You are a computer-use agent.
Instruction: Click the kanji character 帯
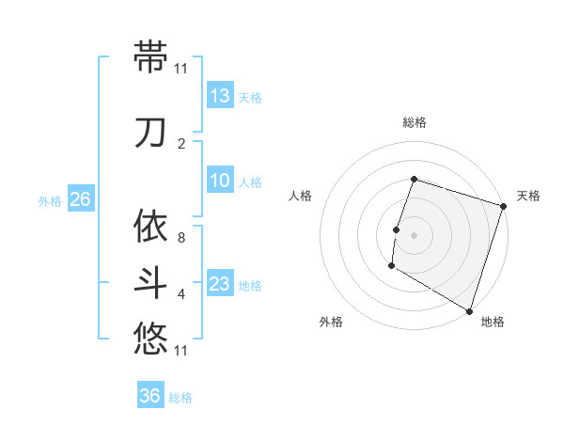[x=150, y=56]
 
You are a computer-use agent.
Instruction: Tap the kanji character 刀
[x=150, y=133]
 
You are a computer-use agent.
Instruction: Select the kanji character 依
[x=150, y=226]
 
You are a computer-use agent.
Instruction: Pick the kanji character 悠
[x=150, y=337]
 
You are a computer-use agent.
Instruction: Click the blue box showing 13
[x=219, y=96]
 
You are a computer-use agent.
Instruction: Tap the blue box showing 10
[x=219, y=181]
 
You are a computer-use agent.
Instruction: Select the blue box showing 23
[x=219, y=284]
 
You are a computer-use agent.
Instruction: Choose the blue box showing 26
[x=80, y=199]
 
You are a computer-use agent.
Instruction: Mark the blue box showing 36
[x=150, y=396]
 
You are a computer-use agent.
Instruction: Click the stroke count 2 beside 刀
[x=181, y=144]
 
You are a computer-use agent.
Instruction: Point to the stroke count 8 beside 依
[x=181, y=238]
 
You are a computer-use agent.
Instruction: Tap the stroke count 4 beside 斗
[x=181, y=294]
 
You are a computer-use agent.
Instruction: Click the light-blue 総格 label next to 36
[x=180, y=398]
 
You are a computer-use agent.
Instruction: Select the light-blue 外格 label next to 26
[x=49, y=200]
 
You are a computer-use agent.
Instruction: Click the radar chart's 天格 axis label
[x=528, y=196]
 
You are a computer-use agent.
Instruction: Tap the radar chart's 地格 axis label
[x=493, y=322]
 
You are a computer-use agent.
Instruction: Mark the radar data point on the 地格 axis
[x=468, y=310]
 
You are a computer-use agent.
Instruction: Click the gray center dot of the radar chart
[x=414, y=235]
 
